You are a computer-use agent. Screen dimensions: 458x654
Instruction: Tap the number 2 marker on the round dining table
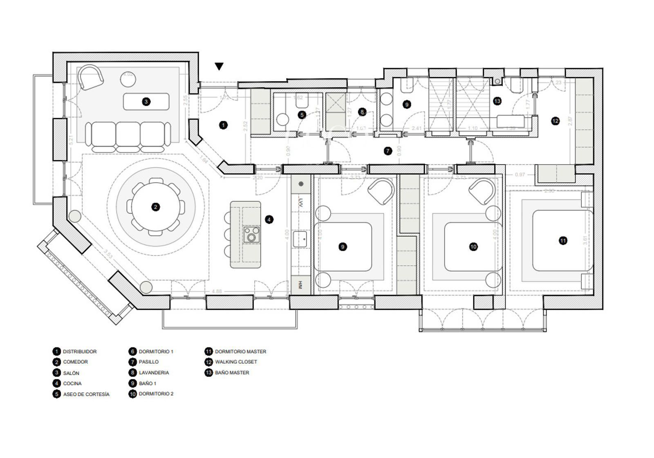[x=155, y=207]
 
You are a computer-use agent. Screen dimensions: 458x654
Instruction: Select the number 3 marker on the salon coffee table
[x=146, y=102]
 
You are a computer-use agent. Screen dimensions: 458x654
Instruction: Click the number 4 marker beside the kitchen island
[x=269, y=220]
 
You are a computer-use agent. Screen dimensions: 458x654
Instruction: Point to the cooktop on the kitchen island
[x=251, y=235]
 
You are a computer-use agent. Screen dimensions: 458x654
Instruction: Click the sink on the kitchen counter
[x=300, y=239]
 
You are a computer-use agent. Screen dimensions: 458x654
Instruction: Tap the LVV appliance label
[x=300, y=202]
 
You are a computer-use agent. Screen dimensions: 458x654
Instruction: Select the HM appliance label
[x=300, y=285]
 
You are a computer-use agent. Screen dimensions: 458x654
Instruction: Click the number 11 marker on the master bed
[x=563, y=241]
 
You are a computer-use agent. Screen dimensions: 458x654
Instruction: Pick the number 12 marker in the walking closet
[x=555, y=121]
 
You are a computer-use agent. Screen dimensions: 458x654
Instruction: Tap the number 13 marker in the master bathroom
[x=497, y=101]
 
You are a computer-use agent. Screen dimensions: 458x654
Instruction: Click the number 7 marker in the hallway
[x=388, y=151]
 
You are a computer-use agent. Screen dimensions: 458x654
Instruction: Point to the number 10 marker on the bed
[x=473, y=247]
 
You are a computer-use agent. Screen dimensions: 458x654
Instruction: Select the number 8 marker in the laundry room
[x=362, y=112]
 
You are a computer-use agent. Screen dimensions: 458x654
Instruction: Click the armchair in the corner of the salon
[x=91, y=77]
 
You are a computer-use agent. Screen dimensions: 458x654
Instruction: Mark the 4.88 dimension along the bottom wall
[x=217, y=291]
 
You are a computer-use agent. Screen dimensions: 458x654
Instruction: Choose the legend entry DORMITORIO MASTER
[x=240, y=351]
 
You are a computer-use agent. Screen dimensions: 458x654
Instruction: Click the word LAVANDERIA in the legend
[x=154, y=373]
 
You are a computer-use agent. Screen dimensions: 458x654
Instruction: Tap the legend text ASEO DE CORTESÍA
[x=86, y=394]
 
